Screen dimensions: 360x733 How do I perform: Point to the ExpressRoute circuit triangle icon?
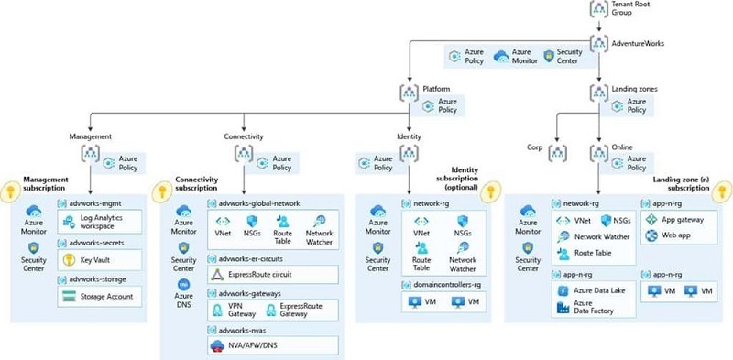217,274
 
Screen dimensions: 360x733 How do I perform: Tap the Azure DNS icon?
183,286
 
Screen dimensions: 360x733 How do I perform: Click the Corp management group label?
536,147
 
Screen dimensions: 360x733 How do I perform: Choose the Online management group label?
622,147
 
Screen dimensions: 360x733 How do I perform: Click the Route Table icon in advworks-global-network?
283,221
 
